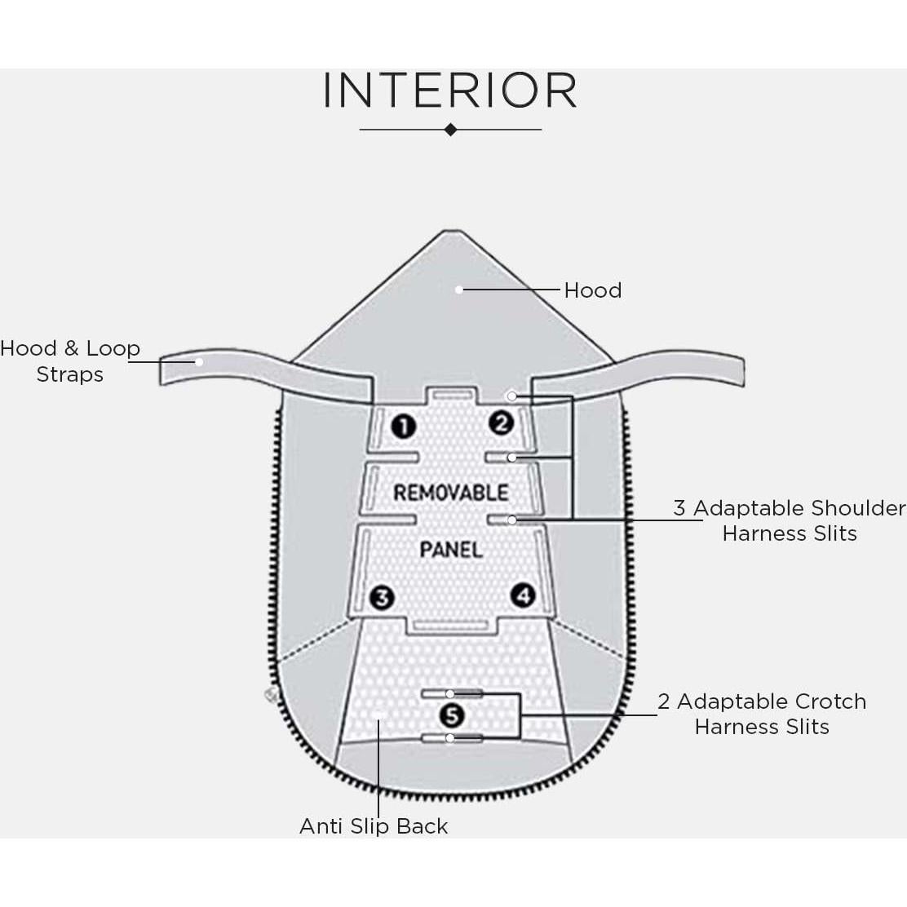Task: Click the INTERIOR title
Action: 450,91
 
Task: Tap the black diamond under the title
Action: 450,130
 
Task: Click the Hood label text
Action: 593,290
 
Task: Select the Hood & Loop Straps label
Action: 70,361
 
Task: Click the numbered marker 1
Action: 403,426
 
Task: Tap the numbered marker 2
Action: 501,423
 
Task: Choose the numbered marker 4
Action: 523,595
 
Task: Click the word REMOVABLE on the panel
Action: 450,493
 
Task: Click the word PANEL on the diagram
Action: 451,550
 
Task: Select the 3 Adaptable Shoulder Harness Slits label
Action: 789,520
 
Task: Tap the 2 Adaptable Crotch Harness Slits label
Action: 762,714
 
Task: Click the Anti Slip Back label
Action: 374,826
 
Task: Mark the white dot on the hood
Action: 459,289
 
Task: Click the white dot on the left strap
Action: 198,361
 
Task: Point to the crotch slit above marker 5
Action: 452,693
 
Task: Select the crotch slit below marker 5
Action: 452,738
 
